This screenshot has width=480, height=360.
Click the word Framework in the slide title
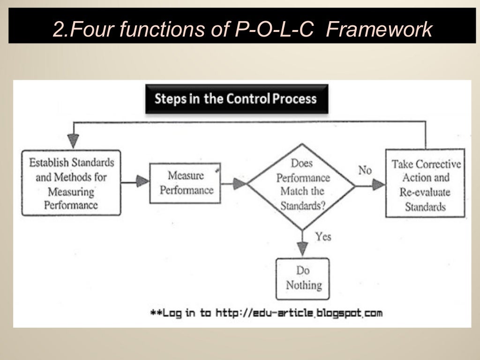(379, 30)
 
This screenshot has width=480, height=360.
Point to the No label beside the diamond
(365, 170)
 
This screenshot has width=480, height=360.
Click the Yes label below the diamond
(323, 236)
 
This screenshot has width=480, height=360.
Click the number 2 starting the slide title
(59, 30)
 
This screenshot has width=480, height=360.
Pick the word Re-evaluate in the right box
(425, 192)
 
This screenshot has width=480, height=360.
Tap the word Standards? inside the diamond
(302, 205)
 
